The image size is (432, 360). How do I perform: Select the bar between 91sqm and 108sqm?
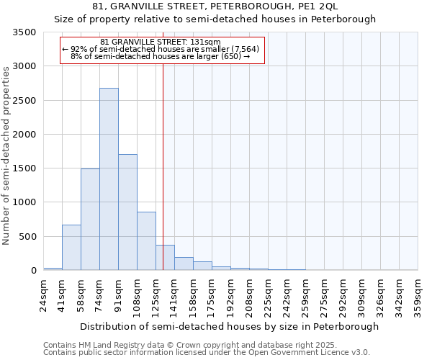click(127, 212)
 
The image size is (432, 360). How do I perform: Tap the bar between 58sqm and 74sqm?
click(90, 219)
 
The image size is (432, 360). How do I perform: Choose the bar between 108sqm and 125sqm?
click(146, 240)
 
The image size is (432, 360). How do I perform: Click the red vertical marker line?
click(163, 166)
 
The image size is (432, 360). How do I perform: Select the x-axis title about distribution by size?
click(229, 326)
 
